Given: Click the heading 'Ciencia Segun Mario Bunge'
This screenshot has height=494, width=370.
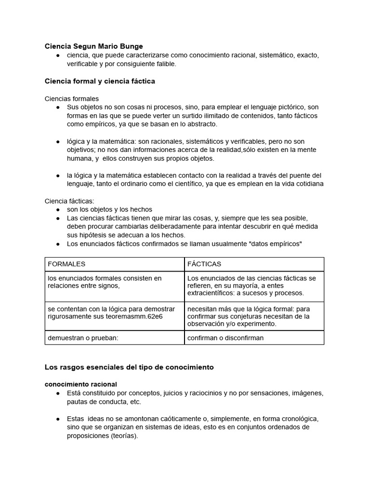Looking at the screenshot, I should (93, 46).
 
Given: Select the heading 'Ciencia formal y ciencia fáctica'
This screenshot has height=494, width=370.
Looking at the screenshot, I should (100, 81).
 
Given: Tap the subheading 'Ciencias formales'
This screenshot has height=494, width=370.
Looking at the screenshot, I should (71, 98).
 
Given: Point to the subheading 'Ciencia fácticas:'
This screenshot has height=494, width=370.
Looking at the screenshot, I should (69, 201).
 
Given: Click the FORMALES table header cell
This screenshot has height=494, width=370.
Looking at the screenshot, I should (66, 264).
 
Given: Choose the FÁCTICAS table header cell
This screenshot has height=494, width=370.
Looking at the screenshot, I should (204, 264).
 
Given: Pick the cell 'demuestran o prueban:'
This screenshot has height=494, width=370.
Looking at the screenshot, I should (83, 338).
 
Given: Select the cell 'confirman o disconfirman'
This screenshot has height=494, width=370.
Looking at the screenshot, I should (225, 338).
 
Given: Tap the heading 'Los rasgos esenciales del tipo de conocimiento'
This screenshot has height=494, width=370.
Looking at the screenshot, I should (129, 367).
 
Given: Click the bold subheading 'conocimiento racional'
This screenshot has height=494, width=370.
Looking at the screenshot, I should (81, 384).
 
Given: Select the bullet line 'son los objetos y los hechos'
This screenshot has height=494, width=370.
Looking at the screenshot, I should (109, 209).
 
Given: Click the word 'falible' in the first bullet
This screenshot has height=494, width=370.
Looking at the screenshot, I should (165, 64).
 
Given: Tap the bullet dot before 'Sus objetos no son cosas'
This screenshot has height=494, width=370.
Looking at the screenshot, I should (57, 107).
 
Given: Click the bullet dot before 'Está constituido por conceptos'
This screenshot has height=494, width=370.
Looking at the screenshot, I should (57, 393).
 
